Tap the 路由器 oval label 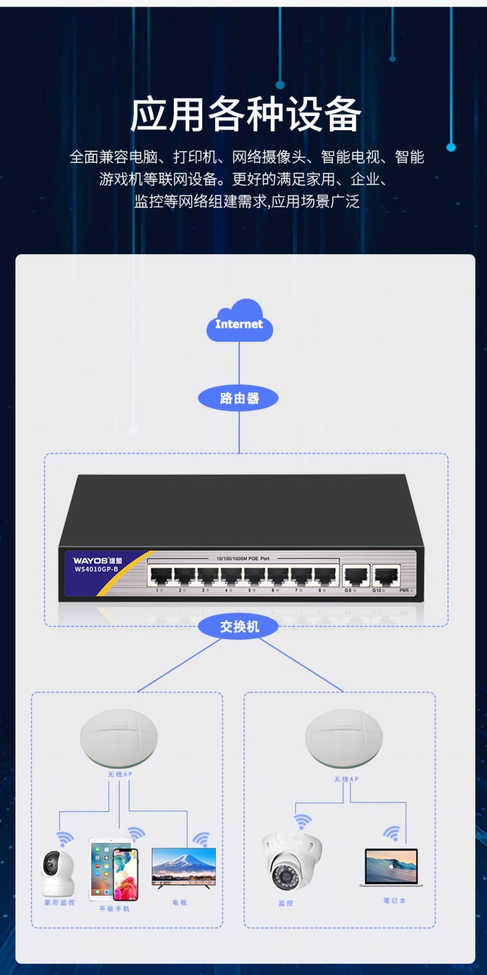(238, 398)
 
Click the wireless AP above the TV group (119, 737)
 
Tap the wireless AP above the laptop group (344, 737)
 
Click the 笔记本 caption (394, 900)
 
